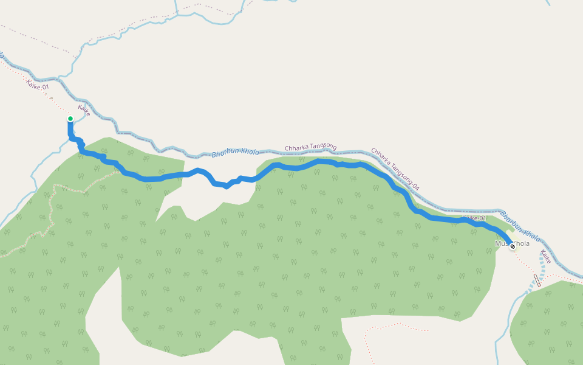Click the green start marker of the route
[x=70, y=119]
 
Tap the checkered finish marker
[x=513, y=246]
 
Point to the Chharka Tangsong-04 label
[x=395, y=170]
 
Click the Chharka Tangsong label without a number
[x=310, y=147]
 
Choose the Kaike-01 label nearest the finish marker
[x=474, y=218]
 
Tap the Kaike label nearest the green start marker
[x=84, y=111]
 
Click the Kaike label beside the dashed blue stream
[x=545, y=257]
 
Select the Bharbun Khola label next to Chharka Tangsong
[x=236, y=152]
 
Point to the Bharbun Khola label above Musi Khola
[x=520, y=226]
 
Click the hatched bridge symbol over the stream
[x=537, y=280]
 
